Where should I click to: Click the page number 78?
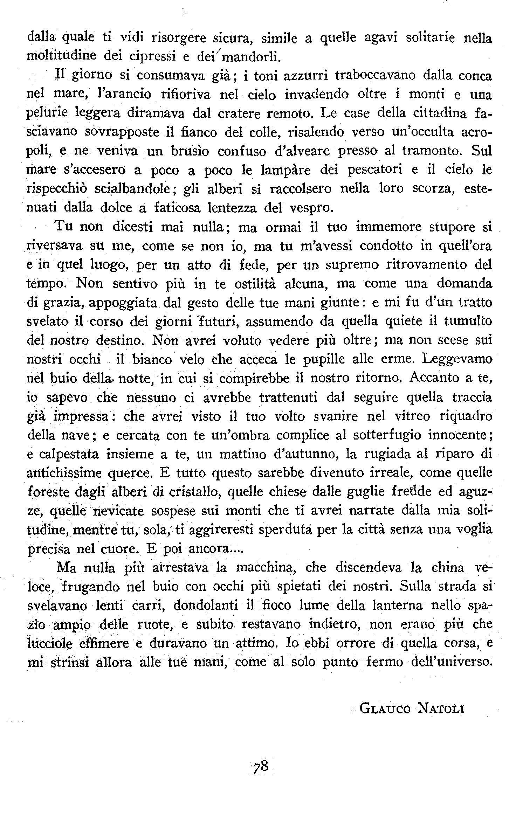click(x=260, y=768)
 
